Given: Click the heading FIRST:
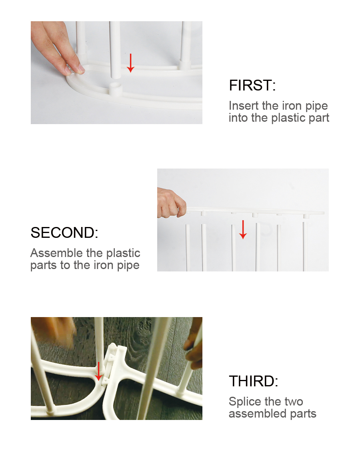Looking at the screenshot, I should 252,85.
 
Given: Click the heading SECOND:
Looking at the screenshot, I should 64,233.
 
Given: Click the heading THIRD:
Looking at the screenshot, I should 253,381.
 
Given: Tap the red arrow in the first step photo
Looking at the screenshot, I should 130,63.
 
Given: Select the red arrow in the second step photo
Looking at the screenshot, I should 242,229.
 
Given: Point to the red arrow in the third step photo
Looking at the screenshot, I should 98,372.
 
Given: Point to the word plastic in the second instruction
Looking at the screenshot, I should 123,253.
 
